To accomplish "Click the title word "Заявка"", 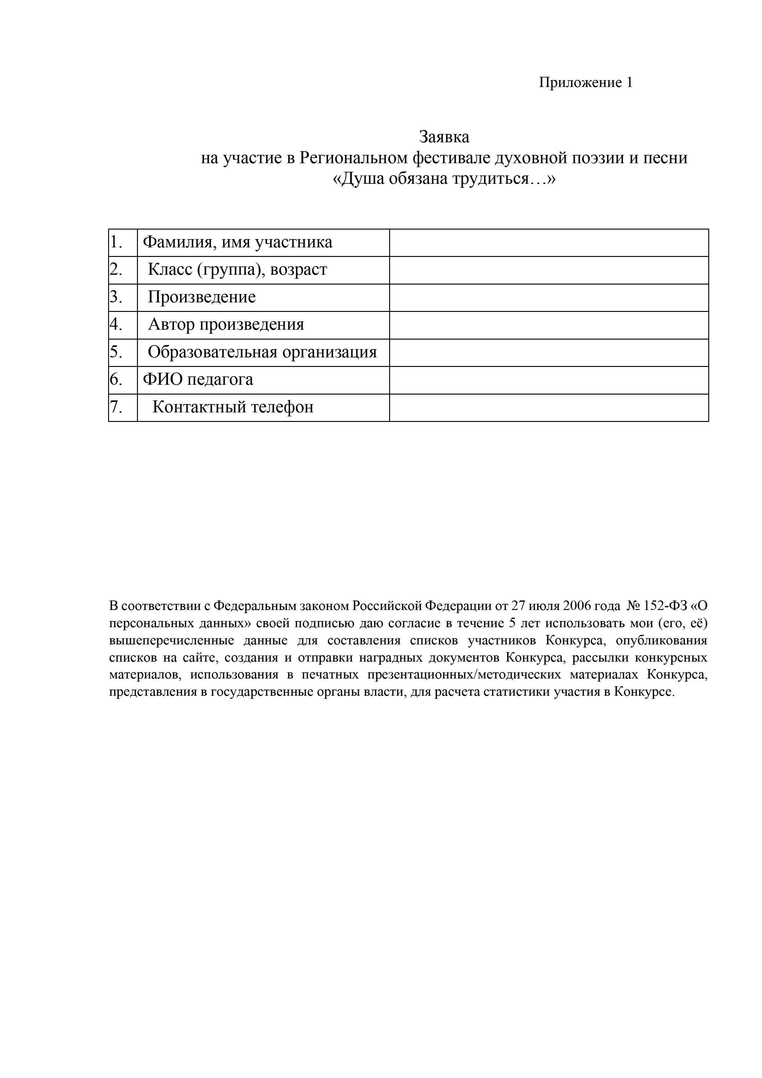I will tap(444, 137).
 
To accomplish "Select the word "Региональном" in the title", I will tap(353, 158).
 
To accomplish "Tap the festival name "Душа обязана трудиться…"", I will tap(444, 179).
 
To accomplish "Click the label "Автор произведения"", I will tap(226, 325).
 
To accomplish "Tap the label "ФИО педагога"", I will tap(197, 380).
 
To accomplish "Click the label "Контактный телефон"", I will tap(233, 407).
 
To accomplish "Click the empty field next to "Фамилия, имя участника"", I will tap(549, 243).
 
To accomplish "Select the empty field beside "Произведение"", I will tap(549, 298).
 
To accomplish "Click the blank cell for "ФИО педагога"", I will tap(549, 380).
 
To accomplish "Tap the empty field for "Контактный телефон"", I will tap(549, 407).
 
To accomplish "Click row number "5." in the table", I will tap(116, 352).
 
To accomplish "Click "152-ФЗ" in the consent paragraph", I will tap(665, 606).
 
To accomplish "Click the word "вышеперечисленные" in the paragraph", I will tap(171, 641).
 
